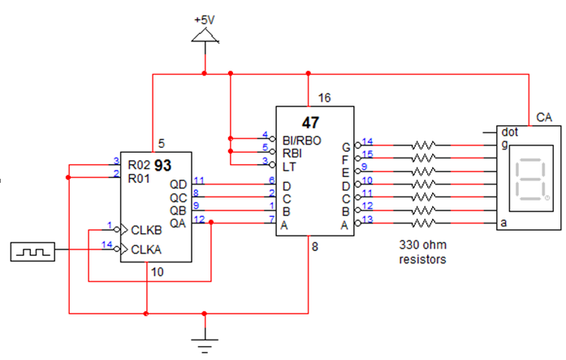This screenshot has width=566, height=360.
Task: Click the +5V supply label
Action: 205,18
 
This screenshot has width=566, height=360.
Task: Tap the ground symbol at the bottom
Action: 205,339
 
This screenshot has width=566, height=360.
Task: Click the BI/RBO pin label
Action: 302,141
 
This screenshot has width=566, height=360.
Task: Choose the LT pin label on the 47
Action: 289,166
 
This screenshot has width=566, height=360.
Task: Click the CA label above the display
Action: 544,119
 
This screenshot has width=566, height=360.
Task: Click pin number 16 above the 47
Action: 324,98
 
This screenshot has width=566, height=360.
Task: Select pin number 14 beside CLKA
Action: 106,245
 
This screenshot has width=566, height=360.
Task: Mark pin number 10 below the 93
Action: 158,272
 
